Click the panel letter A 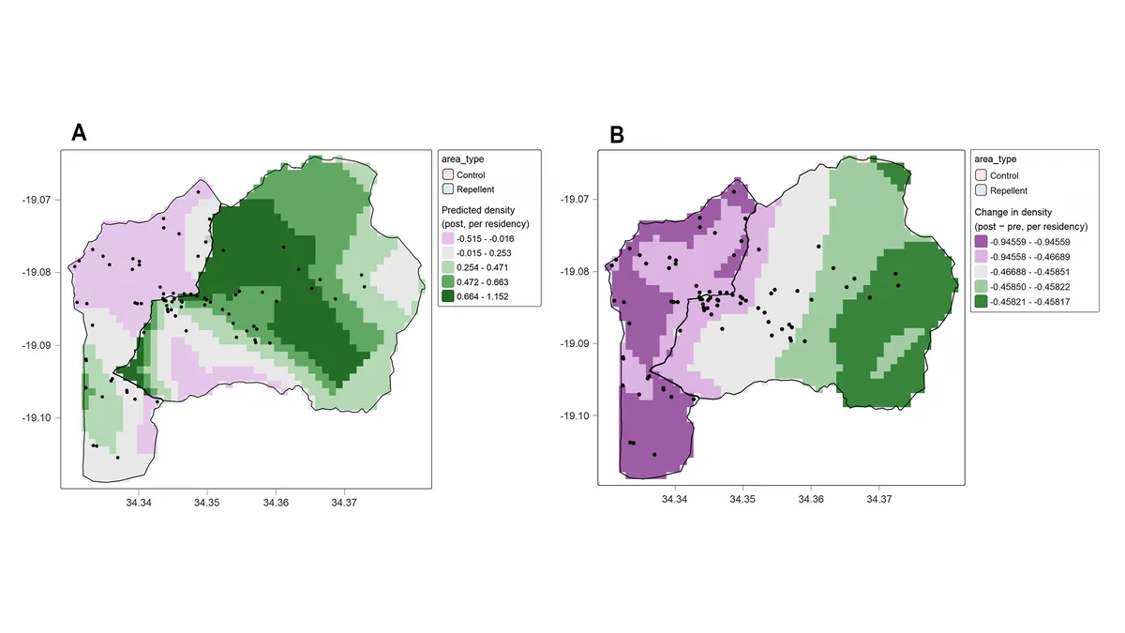[79, 132]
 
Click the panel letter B [617, 135]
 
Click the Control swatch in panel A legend [447, 174]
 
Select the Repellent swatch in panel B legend [981, 190]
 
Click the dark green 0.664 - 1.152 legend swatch [447, 296]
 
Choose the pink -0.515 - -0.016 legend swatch [447, 238]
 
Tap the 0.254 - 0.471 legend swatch [447, 267]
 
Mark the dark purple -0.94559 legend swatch [981, 242]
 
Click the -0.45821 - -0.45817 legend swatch [981, 302]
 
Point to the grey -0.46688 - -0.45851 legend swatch [981, 272]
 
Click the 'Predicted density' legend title [478, 210]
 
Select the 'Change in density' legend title [1013, 212]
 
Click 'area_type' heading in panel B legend [996, 159]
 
